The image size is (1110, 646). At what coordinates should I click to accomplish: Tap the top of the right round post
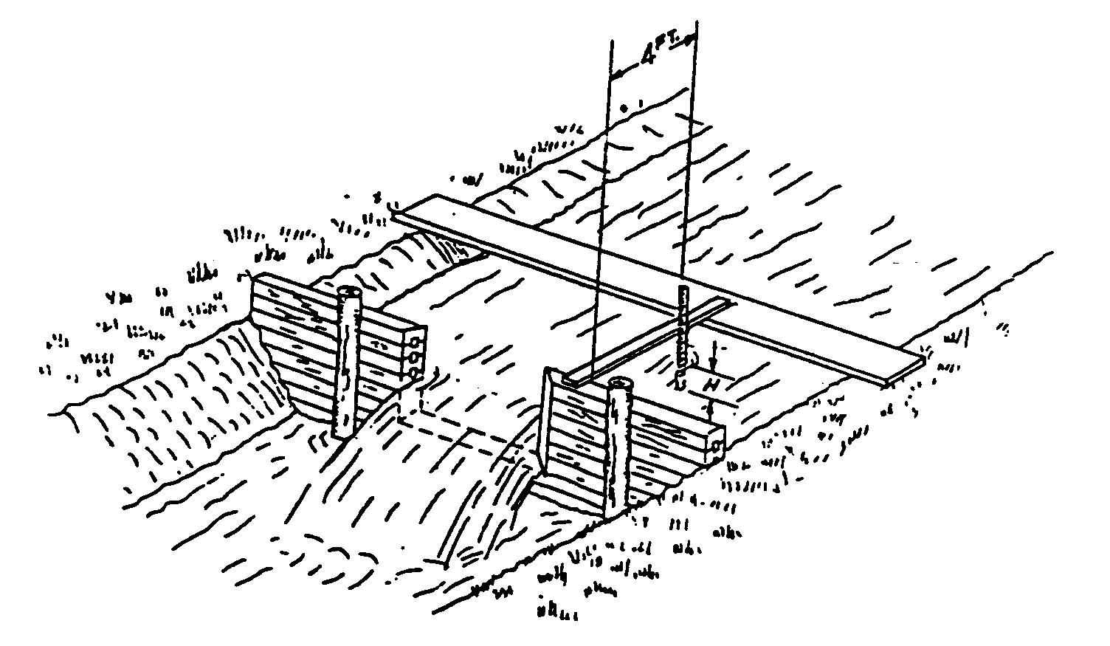pyautogui.click(x=619, y=385)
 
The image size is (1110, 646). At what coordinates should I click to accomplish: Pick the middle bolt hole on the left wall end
pyautogui.click(x=415, y=358)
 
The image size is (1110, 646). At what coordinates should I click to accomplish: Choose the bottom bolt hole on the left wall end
pyautogui.click(x=413, y=372)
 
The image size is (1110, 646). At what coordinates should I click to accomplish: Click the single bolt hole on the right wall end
pyautogui.click(x=716, y=446)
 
